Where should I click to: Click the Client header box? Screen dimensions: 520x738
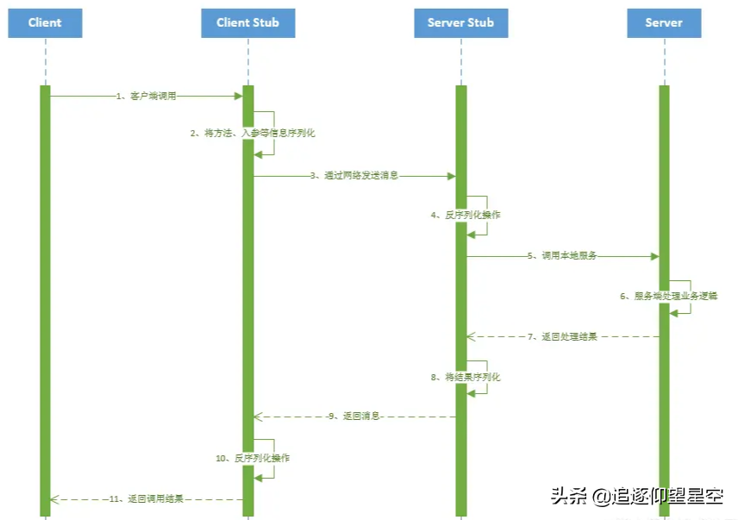(x=45, y=22)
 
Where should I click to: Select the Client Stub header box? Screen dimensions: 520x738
(x=247, y=22)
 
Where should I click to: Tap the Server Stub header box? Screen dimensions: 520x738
(x=460, y=22)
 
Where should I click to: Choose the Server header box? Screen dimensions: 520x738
(x=664, y=22)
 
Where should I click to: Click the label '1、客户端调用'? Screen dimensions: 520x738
(x=147, y=97)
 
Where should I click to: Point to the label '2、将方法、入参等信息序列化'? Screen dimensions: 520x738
(x=253, y=134)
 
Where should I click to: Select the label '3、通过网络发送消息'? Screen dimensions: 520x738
(x=354, y=175)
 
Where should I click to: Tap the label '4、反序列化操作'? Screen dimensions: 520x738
(x=466, y=215)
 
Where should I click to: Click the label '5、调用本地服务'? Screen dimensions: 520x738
(x=563, y=256)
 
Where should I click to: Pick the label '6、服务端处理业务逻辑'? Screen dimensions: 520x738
(x=669, y=296)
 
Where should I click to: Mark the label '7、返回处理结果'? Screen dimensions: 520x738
(x=563, y=336)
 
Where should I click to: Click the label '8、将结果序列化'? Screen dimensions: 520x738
(x=466, y=377)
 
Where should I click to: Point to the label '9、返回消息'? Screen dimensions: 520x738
(x=353, y=417)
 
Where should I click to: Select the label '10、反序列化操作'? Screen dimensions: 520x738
(x=253, y=458)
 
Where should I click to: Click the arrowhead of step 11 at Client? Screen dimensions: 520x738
(x=54, y=498)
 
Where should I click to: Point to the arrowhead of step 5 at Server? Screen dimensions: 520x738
(x=654, y=256)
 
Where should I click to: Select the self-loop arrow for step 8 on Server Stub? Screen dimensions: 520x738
(x=485, y=377)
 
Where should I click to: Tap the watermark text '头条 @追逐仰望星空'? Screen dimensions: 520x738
(x=636, y=496)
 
